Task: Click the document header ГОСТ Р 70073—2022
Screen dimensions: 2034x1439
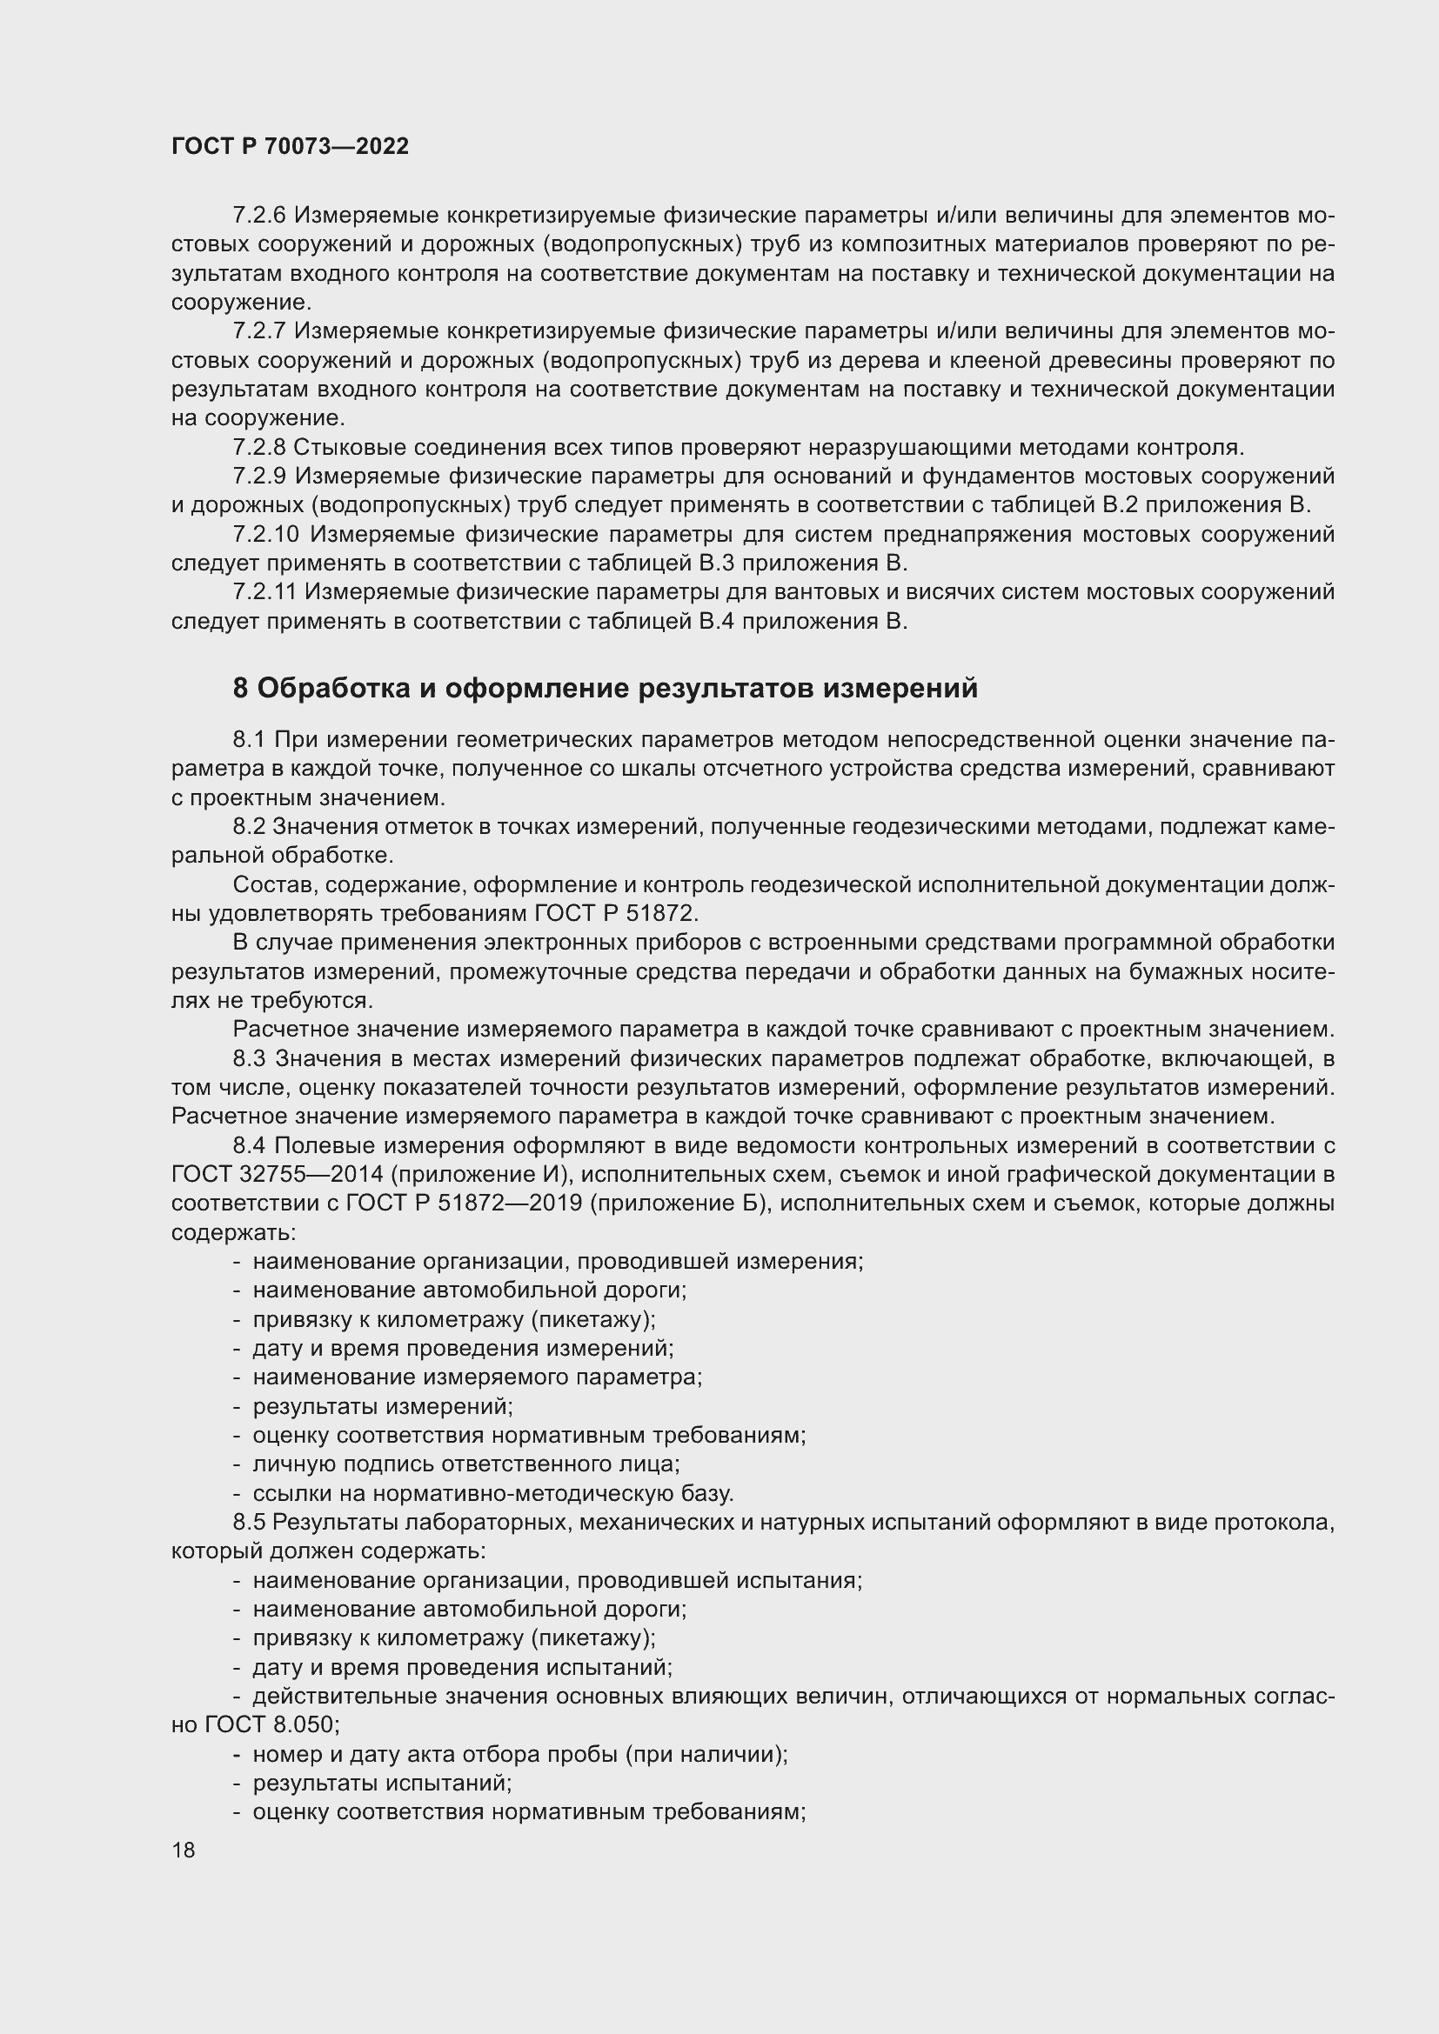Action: (x=290, y=147)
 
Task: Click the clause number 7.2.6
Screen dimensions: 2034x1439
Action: (x=258, y=216)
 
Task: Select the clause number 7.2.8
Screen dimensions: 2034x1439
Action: (x=258, y=447)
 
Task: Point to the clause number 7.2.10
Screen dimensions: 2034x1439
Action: (x=266, y=534)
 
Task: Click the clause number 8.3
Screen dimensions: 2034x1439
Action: (x=250, y=1058)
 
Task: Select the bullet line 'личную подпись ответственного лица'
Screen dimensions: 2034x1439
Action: (x=466, y=1464)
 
